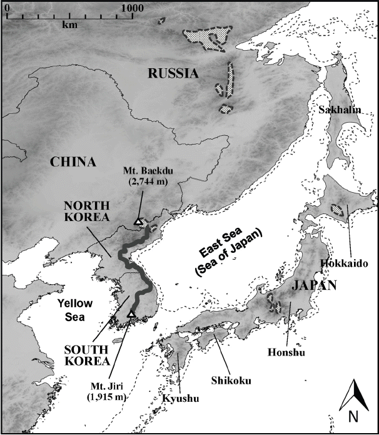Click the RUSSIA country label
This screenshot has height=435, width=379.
(x=173, y=74)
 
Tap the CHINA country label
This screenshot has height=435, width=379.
(x=74, y=162)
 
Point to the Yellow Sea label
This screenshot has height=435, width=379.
(x=74, y=309)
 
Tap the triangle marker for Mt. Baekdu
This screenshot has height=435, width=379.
(x=138, y=221)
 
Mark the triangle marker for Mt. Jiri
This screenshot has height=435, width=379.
(x=131, y=314)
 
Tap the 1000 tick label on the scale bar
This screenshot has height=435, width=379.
(x=131, y=6)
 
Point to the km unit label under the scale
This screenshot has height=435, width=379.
(x=69, y=25)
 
